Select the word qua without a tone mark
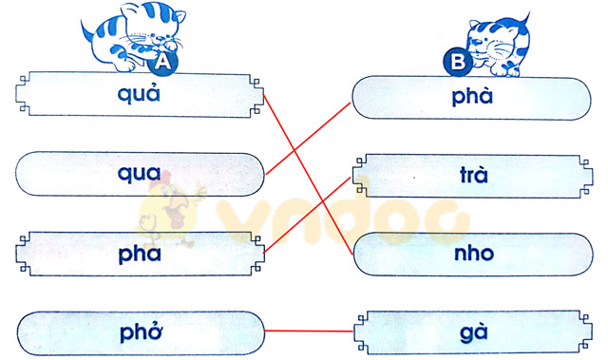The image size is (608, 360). (140, 173)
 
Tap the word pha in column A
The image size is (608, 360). (140, 254)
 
